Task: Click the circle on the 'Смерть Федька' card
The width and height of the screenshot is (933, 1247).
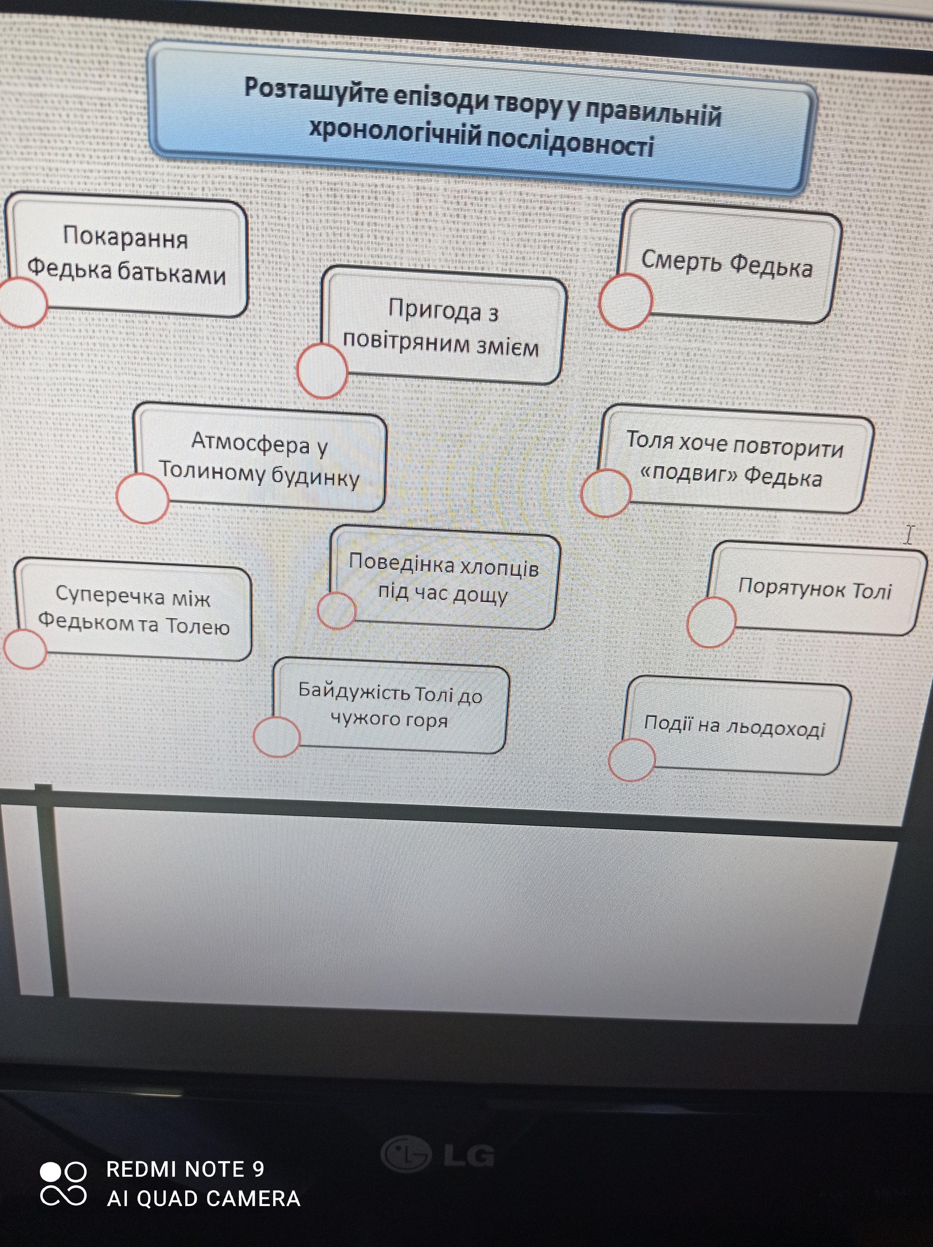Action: tap(625, 301)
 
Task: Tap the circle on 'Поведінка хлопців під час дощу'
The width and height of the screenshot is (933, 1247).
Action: tap(336, 610)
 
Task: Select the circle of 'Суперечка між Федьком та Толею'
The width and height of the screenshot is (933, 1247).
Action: tap(25, 648)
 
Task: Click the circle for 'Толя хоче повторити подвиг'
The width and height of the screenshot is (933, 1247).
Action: tap(606, 493)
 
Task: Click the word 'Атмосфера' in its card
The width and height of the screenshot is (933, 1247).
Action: tap(250, 443)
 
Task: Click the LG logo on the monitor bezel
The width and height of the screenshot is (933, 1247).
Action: tap(437, 1153)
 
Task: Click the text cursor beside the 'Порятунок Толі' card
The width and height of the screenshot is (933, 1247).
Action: tap(908, 534)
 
